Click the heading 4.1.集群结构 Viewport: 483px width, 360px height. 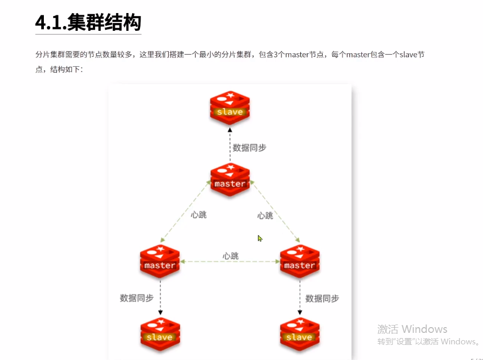pyautogui.click(x=88, y=23)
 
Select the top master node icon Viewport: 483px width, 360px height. pyautogui.click(x=230, y=180)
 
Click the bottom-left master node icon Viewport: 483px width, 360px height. pyautogui.click(x=160, y=261)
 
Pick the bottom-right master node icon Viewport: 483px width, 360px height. pyautogui.click(x=299, y=261)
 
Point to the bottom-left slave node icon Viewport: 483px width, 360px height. pyautogui.click(x=160, y=333)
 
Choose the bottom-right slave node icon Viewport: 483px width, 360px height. pyautogui.click(x=299, y=333)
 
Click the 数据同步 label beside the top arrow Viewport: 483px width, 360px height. pyautogui.click(x=250, y=148)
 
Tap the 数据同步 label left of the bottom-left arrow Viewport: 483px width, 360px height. pyautogui.click(x=136, y=298)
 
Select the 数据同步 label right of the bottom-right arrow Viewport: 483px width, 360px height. pyautogui.click(x=322, y=298)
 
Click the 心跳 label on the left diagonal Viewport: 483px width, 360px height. pyautogui.click(x=198, y=215)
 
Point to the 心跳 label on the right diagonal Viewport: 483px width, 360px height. pyautogui.click(x=265, y=215)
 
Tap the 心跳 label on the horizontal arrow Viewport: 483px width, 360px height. pyautogui.click(x=230, y=256)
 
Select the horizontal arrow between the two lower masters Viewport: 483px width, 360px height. pyautogui.click(x=230, y=262)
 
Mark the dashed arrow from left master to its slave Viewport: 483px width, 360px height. pyautogui.click(x=160, y=297)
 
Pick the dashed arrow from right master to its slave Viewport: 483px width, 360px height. pyautogui.click(x=299, y=297)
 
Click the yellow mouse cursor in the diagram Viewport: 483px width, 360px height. pyautogui.click(x=260, y=238)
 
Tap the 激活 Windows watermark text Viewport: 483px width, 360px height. pyautogui.click(x=412, y=329)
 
